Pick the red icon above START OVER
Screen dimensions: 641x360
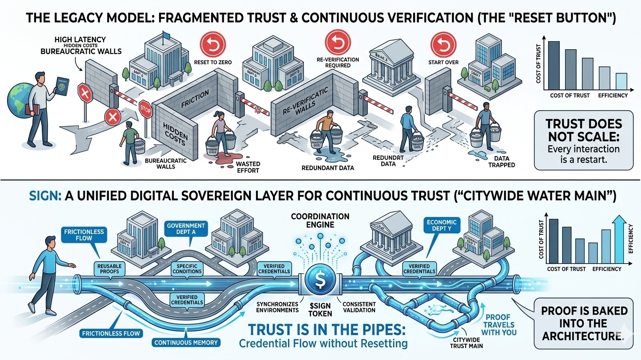click(440, 44)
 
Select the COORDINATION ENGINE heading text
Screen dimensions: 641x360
click(320, 220)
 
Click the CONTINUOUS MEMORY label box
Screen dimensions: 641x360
click(186, 342)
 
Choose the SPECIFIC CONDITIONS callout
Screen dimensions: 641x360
click(187, 269)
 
